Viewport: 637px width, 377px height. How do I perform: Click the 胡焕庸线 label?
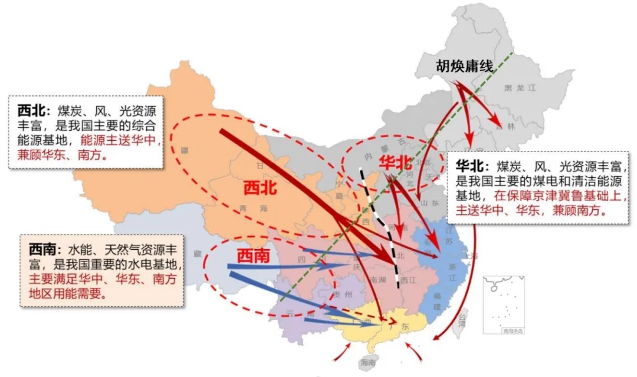pyautogui.click(x=464, y=66)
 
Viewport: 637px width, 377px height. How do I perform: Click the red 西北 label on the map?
pyautogui.click(x=260, y=188)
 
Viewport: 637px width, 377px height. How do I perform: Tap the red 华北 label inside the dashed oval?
pyautogui.click(x=396, y=163)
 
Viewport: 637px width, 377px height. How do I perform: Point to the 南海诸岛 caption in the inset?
pyautogui.click(x=511, y=331)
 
